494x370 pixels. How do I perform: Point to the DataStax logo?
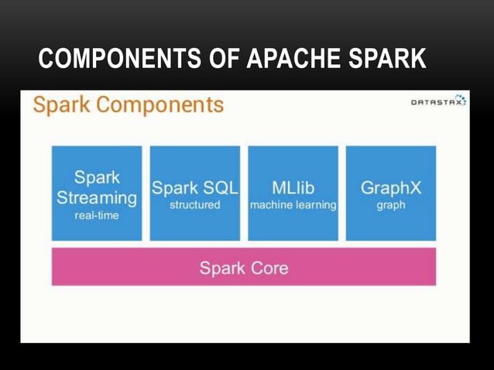pos(437,101)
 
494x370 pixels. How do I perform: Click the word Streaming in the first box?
pos(97,197)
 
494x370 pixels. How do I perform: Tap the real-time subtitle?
pos(97,216)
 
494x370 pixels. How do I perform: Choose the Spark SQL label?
pos(194,188)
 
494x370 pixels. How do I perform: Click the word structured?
pos(194,206)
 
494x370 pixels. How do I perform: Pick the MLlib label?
pos(293,188)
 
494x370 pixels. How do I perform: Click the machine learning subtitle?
pos(293,206)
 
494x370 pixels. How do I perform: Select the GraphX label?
pos(390,188)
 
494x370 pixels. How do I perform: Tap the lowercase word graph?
pos(390,206)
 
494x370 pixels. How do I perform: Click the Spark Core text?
pos(243,269)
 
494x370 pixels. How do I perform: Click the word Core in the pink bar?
pos(269,269)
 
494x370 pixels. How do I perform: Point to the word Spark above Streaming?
pos(97,177)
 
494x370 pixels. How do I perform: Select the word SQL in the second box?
pos(219,188)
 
